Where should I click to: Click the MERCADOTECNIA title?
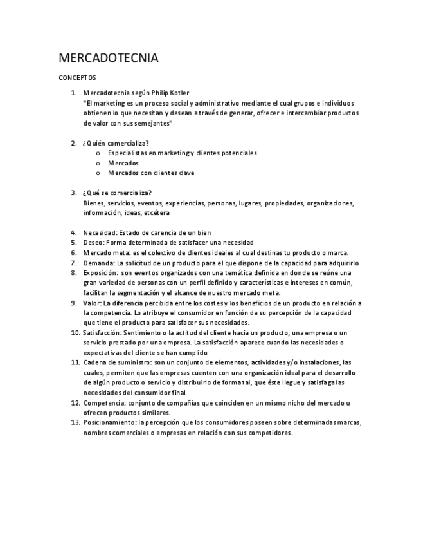[108, 59]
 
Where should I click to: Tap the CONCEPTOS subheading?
[77, 77]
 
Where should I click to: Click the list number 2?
[73, 143]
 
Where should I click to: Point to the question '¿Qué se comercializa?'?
[117, 193]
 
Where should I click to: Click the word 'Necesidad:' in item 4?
[100, 232]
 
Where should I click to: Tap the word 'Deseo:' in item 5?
[93, 243]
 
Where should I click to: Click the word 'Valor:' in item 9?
[93, 303]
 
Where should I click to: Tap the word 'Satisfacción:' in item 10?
[102, 332]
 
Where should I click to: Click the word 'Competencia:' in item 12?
[104, 402]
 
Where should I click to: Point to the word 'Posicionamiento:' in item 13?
[109, 422]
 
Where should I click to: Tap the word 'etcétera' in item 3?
[157, 212]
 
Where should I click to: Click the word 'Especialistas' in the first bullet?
[127, 153]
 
